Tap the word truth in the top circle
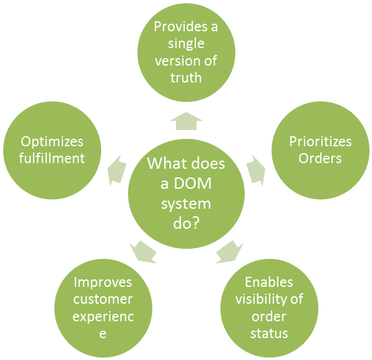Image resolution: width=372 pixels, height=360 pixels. (186, 78)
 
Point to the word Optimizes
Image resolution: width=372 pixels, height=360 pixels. (52, 141)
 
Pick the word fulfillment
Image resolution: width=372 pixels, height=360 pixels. (52, 158)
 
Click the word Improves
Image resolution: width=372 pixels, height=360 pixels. (103, 282)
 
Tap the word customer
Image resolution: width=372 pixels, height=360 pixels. (103, 299)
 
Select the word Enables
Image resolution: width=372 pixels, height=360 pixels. (270, 282)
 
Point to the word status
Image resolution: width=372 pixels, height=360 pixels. (270, 333)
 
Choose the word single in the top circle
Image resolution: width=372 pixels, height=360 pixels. (186, 44)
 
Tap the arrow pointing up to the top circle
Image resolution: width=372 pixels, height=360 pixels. (186, 121)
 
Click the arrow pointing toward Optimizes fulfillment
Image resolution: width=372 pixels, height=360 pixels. (117, 171)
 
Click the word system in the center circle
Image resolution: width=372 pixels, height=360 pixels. (186, 204)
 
